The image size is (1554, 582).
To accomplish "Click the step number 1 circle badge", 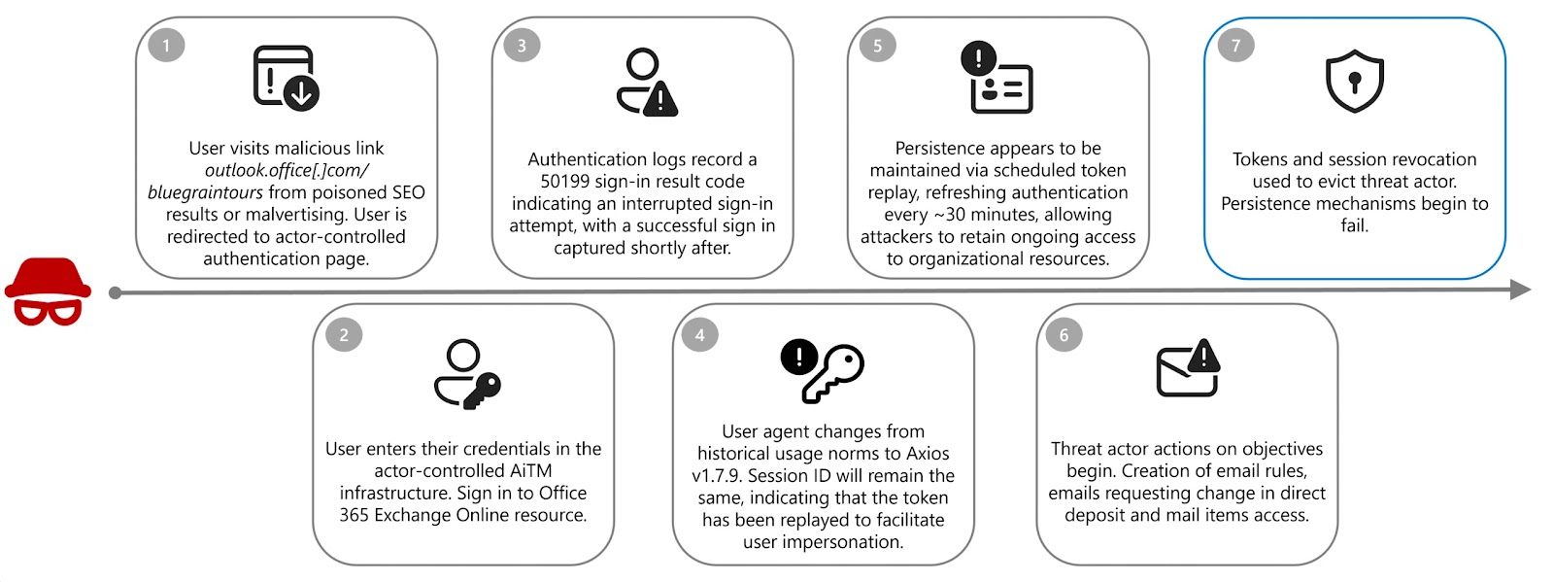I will (166, 46).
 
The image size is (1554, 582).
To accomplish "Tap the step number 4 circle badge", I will (699, 335).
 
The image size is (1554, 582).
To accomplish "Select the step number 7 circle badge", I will (1235, 46).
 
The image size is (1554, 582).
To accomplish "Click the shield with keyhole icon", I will (1354, 81).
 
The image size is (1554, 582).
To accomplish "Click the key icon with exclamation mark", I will (822, 370).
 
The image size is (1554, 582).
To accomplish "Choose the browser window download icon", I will (286, 77).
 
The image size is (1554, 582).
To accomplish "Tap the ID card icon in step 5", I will (997, 78).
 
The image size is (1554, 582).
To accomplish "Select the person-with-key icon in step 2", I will (466, 373).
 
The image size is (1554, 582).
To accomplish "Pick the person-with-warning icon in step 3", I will (646, 82).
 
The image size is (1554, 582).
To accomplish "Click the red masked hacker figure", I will (48, 291).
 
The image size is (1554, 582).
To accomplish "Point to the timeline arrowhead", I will (1520, 289).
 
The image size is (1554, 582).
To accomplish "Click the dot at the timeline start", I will (116, 292).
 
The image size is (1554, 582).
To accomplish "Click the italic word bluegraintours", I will (205, 192).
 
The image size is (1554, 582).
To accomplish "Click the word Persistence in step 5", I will (938, 149).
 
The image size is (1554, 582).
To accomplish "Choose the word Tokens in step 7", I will (1260, 159).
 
